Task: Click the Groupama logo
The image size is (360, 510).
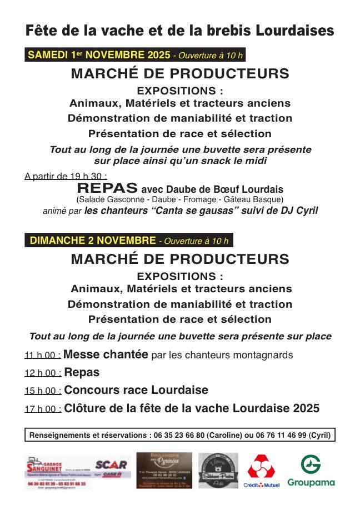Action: click(x=311, y=471)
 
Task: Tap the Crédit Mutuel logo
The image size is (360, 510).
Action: click(x=263, y=471)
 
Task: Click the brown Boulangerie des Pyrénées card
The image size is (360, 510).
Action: click(x=164, y=470)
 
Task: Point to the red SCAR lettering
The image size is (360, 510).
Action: click(x=111, y=464)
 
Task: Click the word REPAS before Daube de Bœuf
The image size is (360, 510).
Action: click(x=108, y=188)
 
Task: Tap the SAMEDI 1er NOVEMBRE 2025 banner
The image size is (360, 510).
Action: click(x=134, y=55)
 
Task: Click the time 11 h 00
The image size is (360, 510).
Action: click(x=42, y=356)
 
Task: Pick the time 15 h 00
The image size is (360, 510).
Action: click(x=42, y=391)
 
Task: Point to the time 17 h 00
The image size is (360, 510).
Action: click(x=42, y=409)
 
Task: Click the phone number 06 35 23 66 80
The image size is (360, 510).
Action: click(x=177, y=435)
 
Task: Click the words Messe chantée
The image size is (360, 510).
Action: click(x=106, y=354)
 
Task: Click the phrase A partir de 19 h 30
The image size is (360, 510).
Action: click(x=66, y=177)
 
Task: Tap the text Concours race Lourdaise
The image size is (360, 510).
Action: click(x=136, y=390)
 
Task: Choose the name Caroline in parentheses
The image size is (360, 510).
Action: click(x=224, y=435)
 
